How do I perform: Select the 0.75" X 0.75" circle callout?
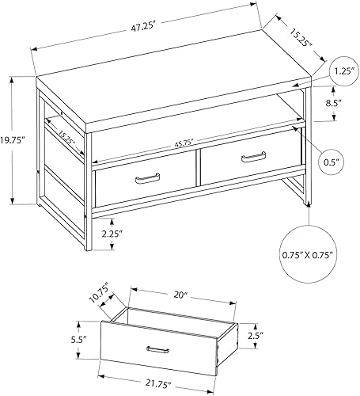tap(307, 256)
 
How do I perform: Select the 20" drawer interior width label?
tap(181, 295)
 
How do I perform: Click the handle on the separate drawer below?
tap(157, 348)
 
